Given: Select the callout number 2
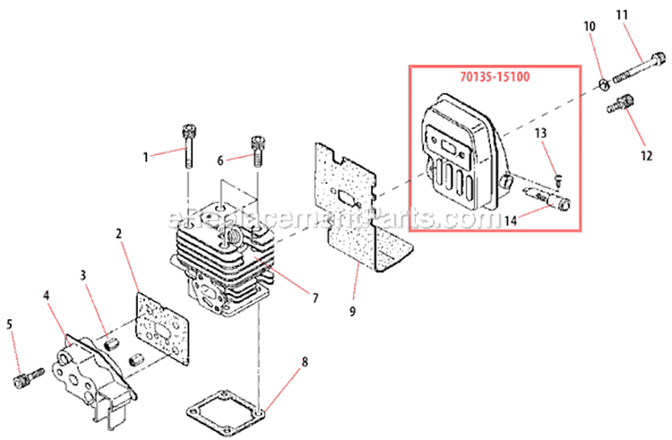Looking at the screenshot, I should point(118,234).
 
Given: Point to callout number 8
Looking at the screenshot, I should point(304,362).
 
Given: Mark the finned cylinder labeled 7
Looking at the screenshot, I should point(215,255).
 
